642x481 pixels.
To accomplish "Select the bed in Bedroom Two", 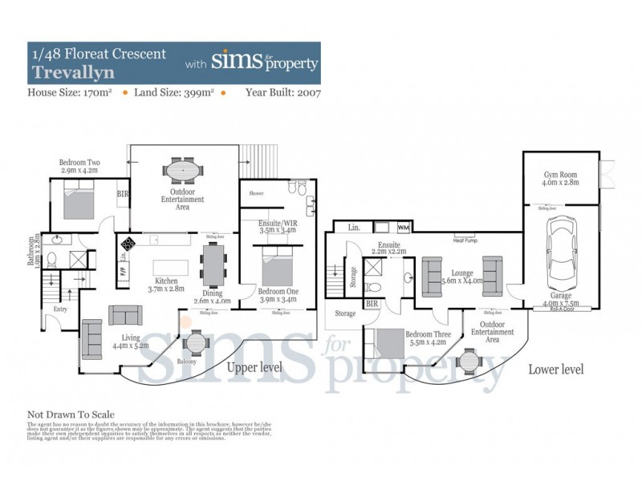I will (80, 199).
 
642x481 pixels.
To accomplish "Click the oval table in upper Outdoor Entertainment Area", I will (185, 171).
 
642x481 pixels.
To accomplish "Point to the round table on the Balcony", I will (195, 343).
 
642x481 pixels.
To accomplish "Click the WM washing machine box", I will (403, 228).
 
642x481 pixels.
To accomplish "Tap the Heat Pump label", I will (466, 240).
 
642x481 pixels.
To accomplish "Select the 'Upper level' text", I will (255, 368).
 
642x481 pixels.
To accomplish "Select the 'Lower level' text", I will (555, 370).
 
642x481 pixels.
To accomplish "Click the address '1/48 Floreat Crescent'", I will (99, 55).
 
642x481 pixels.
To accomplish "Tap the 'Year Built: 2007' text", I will (283, 93).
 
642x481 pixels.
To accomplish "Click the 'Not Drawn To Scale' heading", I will (71, 414).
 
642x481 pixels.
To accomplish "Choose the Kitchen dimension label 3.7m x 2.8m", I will (166, 289).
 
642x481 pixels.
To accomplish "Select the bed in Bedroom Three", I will (390, 343).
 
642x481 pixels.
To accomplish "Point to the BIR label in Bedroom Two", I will (122, 193).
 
